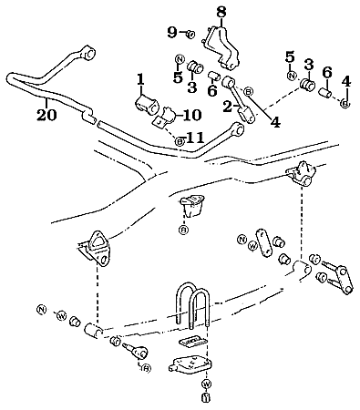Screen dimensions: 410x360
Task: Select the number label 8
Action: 220,12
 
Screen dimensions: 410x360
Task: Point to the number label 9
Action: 171,33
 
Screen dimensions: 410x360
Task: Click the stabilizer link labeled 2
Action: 242,106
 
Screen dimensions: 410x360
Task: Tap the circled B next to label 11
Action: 179,140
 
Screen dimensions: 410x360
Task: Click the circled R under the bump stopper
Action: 183,231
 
